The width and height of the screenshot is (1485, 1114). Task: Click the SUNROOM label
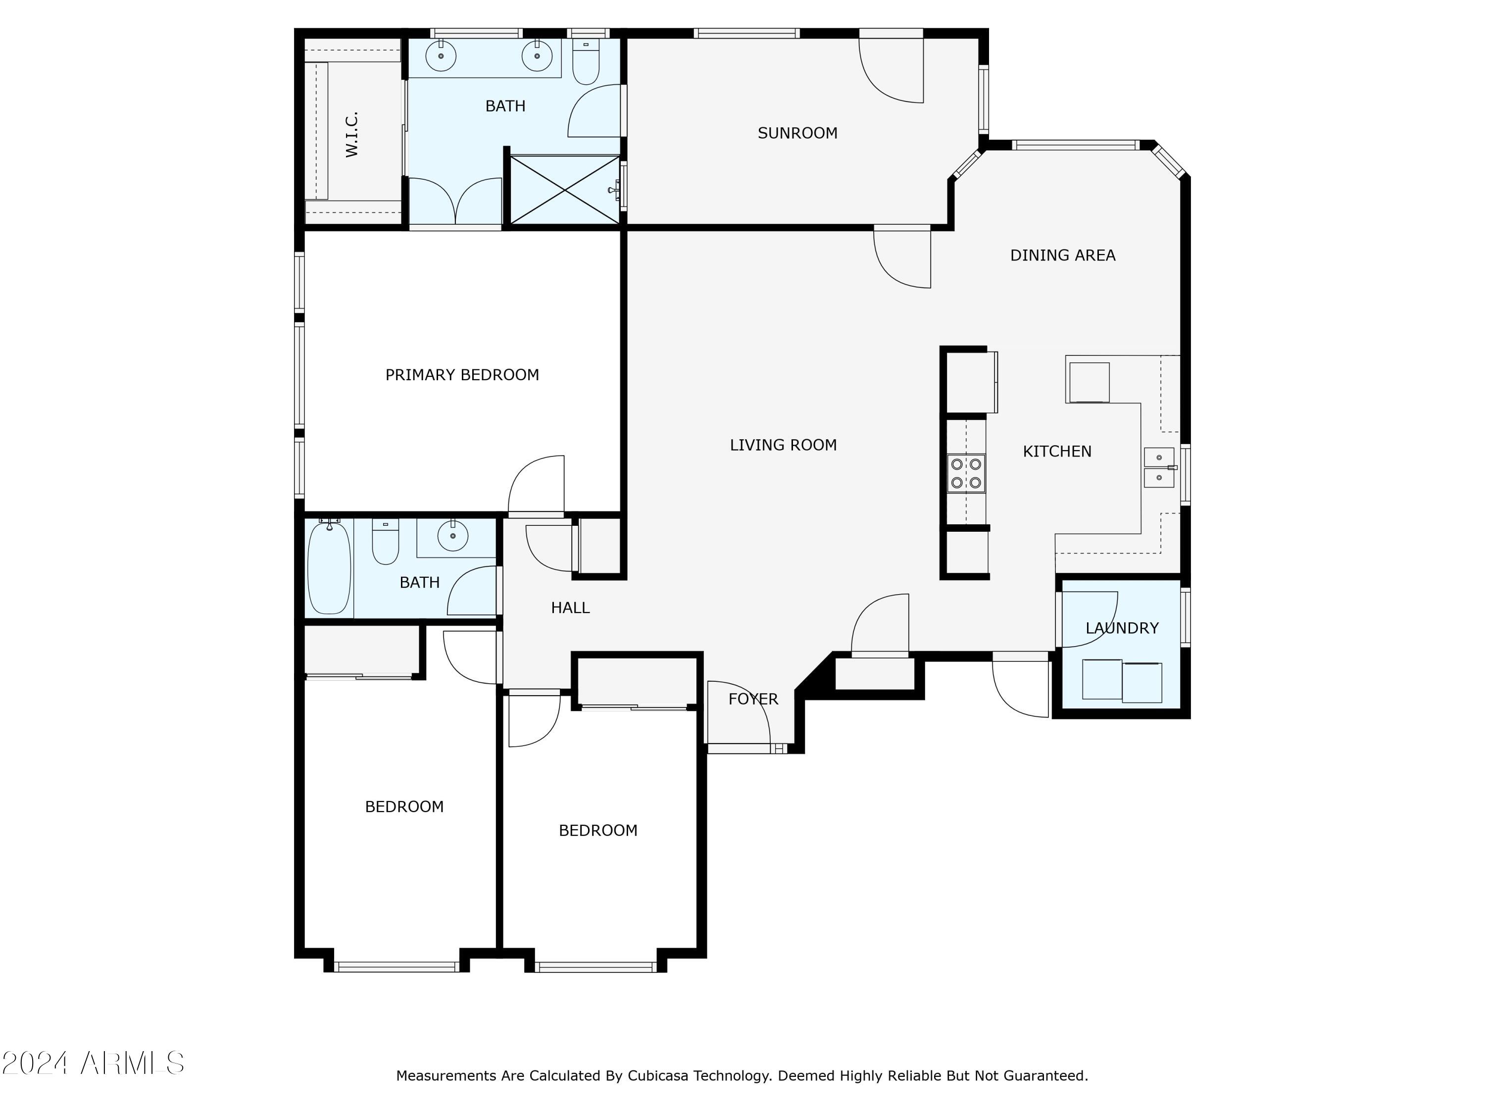(x=797, y=133)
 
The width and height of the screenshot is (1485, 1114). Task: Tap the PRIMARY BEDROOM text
(x=462, y=375)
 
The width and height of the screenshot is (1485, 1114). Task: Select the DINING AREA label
(x=1063, y=255)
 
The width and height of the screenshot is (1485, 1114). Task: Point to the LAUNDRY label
(x=1122, y=628)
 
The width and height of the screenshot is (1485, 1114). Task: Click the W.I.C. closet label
(x=352, y=134)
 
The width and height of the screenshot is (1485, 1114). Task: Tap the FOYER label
(x=753, y=699)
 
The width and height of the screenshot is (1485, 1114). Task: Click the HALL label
(x=570, y=608)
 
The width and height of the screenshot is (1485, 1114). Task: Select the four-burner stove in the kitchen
(x=966, y=473)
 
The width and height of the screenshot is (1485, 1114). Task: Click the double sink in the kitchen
(x=1159, y=467)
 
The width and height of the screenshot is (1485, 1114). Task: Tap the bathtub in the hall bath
(x=329, y=567)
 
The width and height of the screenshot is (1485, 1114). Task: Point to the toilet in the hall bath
(x=385, y=541)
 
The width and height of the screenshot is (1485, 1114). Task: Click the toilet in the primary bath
(x=586, y=62)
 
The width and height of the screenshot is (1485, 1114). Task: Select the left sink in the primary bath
(x=441, y=56)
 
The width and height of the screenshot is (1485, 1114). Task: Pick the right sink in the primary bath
(x=537, y=56)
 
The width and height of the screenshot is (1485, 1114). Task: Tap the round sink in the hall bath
(x=452, y=536)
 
